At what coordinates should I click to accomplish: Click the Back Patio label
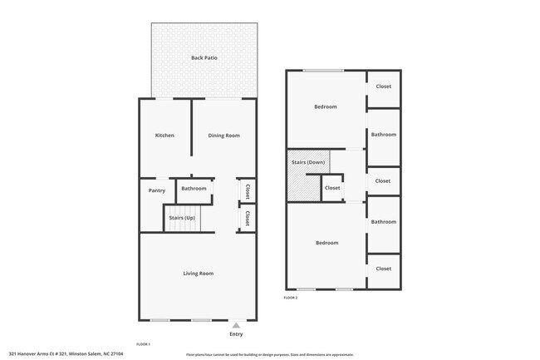(x=203, y=57)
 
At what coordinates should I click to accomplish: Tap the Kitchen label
(x=164, y=136)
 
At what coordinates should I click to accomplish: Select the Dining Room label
(x=223, y=136)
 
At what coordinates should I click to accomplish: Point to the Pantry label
(x=157, y=190)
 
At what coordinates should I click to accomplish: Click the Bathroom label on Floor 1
(x=194, y=189)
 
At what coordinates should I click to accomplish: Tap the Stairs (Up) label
(x=182, y=218)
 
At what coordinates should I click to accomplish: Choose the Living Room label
(x=199, y=273)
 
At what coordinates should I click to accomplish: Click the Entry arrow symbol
(x=236, y=325)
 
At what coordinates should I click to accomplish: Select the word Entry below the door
(x=236, y=334)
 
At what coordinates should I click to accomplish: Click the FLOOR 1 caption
(x=143, y=343)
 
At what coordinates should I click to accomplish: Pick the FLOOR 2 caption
(x=290, y=297)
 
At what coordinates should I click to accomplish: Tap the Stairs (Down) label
(x=308, y=162)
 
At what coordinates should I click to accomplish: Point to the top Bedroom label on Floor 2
(x=325, y=106)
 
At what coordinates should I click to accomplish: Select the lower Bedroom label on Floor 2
(x=326, y=243)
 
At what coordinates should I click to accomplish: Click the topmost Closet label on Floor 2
(x=383, y=86)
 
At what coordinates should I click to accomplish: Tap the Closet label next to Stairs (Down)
(x=332, y=188)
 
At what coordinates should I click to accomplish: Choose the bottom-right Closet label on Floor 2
(x=383, y=269)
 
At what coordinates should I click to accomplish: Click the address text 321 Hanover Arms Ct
(x=66, y=353)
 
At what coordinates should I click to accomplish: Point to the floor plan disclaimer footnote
(x=269, y=354)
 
